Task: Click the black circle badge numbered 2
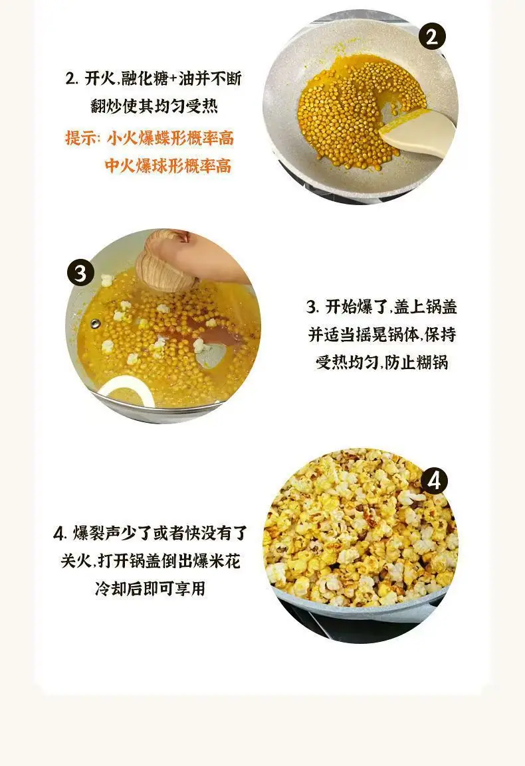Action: pos(432,36)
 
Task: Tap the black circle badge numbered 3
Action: pos(80,273)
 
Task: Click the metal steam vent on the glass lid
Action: pos(94,323)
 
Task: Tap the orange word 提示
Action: pos(80,138)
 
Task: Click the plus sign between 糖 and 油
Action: pos(173,79)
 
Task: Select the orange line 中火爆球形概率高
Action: pos(168,166)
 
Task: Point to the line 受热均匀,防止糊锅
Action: pos(382,362)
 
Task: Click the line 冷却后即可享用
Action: pos(150,588)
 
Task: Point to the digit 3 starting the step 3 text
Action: pos(311,307)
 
